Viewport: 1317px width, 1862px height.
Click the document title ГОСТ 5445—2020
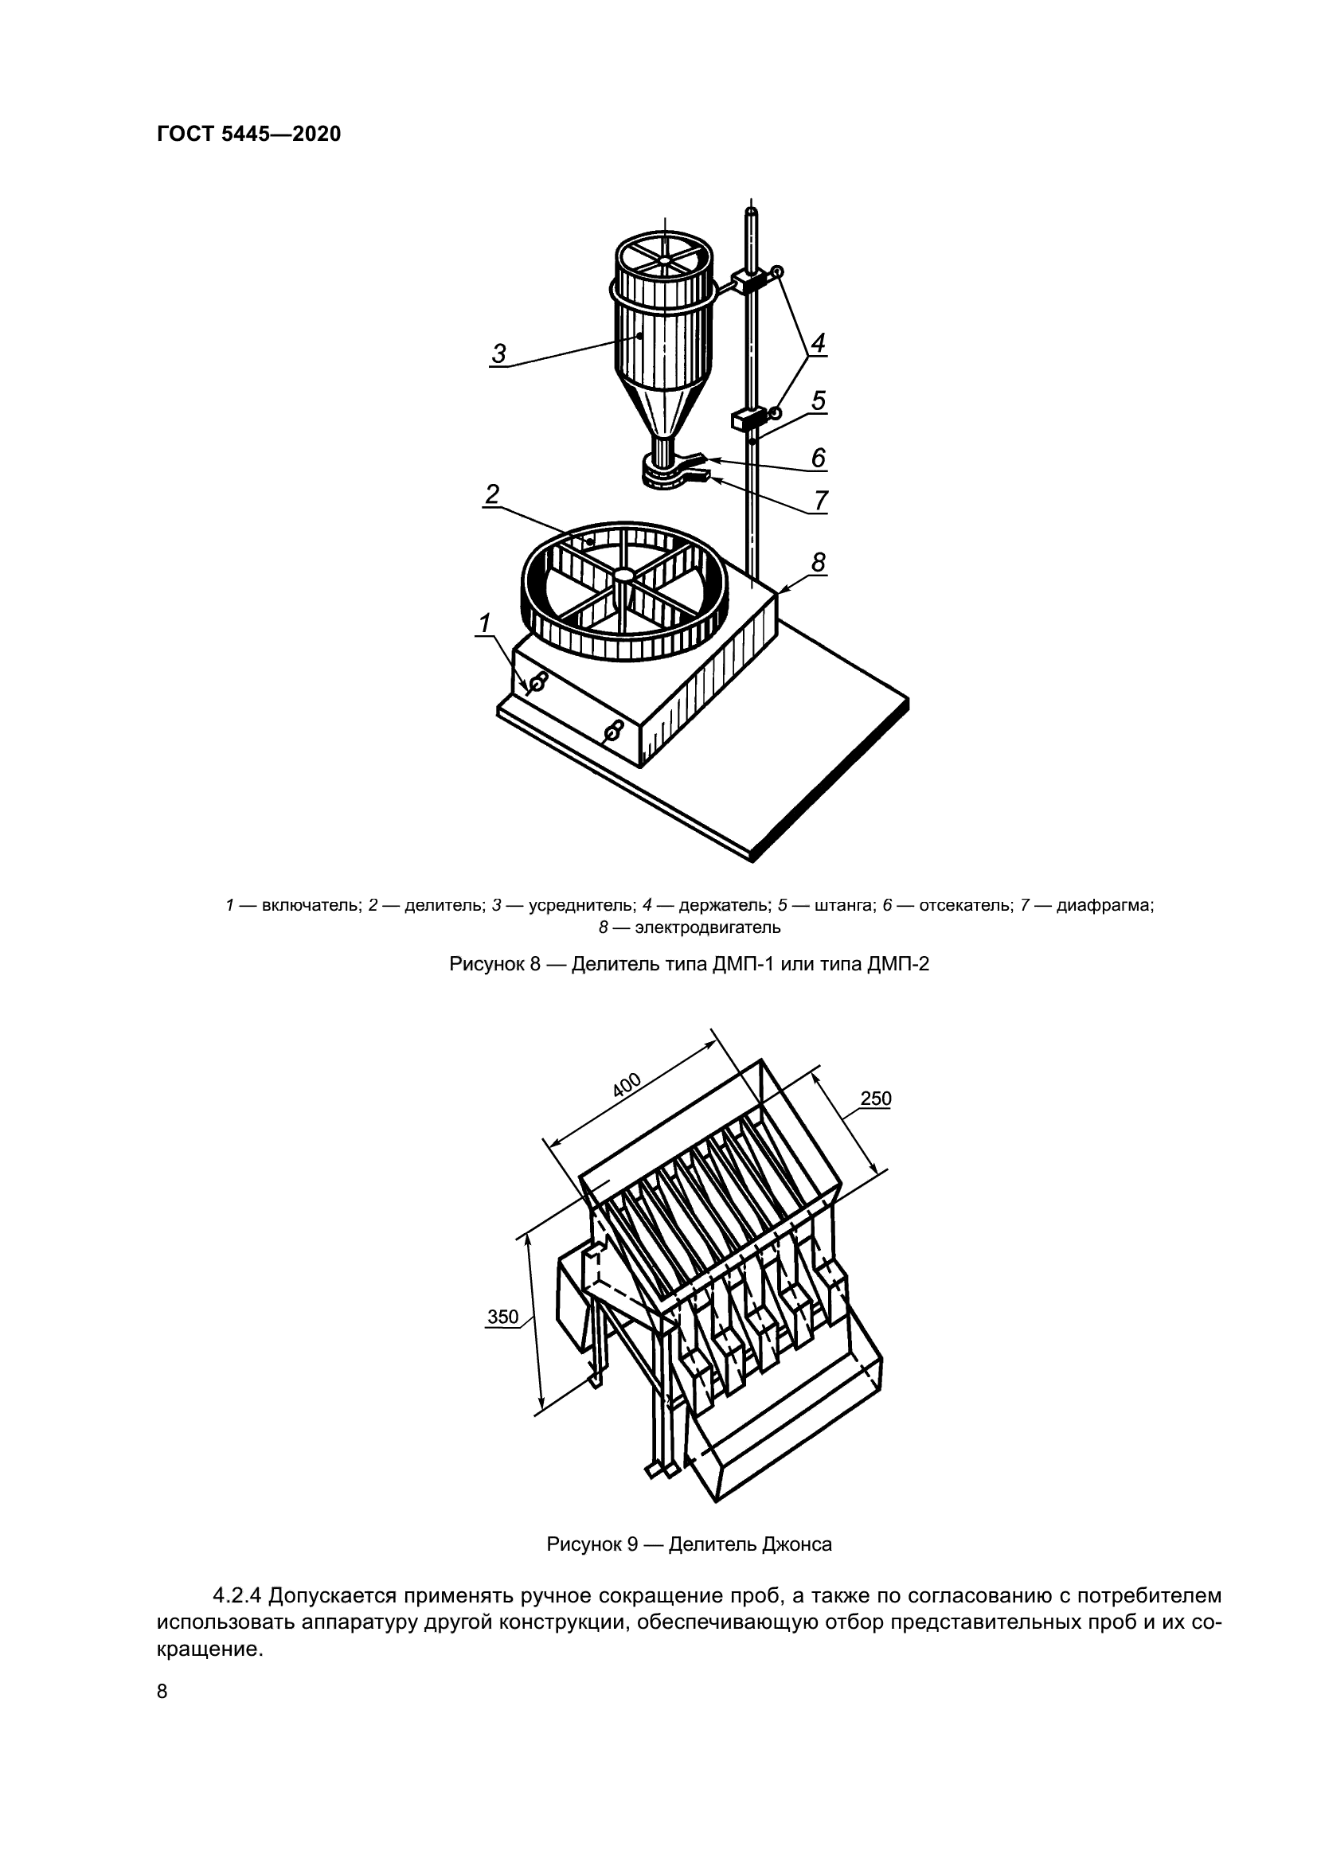(x=249, y=134)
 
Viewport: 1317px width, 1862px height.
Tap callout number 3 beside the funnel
(x=498, y=353)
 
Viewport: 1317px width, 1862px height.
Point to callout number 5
(x=819, y=400)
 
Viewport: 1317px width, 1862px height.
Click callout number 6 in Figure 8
(x=819, y=459)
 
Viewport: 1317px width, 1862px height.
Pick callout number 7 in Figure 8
(x=821, y=500)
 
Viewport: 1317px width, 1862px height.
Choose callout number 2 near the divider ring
(x=491, y=494)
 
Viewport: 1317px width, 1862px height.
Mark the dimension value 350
(x=502, y=1316)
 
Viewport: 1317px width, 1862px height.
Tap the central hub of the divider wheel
(x=623, y=574)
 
